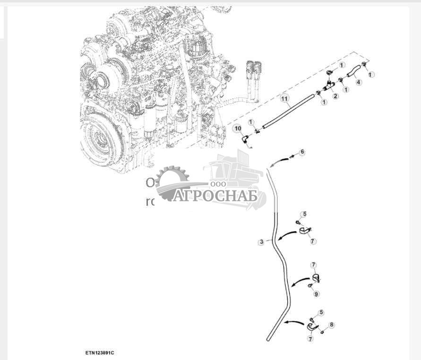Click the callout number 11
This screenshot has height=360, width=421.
[x=284, y=98]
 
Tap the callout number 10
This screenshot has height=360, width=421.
[x=237, y=128]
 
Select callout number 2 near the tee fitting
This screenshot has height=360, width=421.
[x=335, y=96]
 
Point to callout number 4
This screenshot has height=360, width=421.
[x=359, y=82]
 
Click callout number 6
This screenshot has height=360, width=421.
[x=302, y=152]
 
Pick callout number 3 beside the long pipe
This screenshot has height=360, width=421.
[x=261, y=242]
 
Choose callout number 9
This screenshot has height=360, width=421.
[x=316, y=294]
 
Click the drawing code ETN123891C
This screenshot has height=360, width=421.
[x=100, y=352]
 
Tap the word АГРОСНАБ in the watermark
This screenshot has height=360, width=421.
[x=215, y=196]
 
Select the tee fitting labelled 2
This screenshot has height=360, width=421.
[x=330, y=85]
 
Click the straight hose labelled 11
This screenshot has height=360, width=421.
[x=288, y=110]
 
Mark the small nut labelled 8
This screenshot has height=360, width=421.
[x=322, y=332]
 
